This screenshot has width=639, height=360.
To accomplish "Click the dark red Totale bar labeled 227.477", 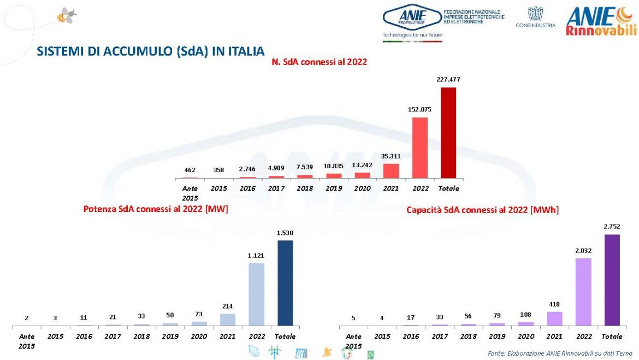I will pos(448,133).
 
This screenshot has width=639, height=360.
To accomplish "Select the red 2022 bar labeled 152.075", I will pos(419,147).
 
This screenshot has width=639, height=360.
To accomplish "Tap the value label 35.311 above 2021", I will pos(391,155).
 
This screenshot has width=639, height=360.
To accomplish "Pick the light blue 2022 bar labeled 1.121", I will pos(256,294).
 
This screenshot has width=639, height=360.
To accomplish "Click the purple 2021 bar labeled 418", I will pos(554,318).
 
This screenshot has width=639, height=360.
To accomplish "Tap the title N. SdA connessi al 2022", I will pos(319,62).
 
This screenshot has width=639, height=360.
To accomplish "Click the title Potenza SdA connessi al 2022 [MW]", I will pos(156,209).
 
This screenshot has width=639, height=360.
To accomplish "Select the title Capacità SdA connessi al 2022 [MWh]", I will pos(482,210).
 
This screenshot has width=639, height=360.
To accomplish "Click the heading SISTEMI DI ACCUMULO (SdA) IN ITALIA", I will pos(150,51).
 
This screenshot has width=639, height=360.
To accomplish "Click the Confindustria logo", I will pos(535,17).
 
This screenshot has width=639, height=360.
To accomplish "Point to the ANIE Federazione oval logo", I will pos(412,19).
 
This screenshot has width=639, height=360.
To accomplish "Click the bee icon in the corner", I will pos(66,16).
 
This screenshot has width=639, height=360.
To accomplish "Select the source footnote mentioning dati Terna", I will pos(560,353).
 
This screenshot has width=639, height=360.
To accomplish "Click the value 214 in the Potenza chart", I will pos(228,306).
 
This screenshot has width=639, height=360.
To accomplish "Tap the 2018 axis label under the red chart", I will pos(305,188).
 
